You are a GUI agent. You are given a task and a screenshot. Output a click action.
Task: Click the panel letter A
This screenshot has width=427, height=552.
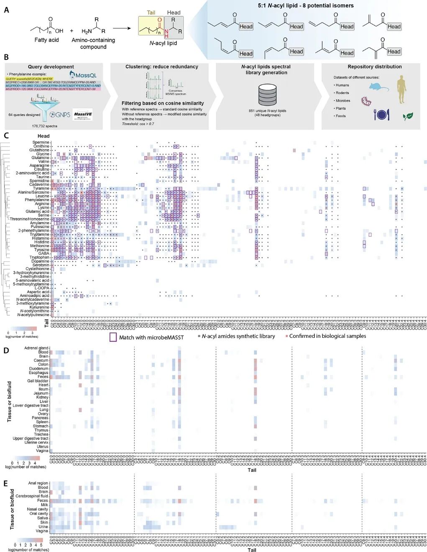6,10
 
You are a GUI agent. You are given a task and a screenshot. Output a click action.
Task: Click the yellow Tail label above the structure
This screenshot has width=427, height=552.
151,13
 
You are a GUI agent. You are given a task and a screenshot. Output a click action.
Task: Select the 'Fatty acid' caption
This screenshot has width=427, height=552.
46,40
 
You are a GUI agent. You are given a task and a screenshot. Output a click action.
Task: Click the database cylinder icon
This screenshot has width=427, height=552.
267,95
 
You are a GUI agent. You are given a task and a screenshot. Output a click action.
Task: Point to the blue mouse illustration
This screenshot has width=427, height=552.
378,87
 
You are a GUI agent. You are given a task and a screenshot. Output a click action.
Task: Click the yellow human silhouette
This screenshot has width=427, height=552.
401,89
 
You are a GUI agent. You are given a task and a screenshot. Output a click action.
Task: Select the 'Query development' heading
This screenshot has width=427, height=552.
51,67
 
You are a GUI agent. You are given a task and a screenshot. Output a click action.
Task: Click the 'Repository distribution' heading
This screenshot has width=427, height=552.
374,67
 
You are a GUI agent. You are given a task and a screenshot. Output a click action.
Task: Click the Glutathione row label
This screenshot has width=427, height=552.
39,150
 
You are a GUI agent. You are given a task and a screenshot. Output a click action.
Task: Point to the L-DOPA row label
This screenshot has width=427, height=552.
42,288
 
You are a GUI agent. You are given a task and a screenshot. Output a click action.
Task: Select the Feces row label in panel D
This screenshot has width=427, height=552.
43,377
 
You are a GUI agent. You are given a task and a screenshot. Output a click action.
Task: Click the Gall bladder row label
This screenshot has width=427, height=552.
38,381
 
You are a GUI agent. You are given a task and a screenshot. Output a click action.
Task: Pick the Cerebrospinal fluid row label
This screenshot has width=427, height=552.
32,496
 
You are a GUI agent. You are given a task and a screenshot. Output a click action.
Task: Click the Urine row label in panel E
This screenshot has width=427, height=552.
43,526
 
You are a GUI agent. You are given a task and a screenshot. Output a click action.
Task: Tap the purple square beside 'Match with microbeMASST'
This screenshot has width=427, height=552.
113,337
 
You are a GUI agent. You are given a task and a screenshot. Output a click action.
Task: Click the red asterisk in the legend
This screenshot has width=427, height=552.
286,336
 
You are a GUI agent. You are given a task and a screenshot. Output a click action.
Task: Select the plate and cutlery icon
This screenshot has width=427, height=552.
381,114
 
